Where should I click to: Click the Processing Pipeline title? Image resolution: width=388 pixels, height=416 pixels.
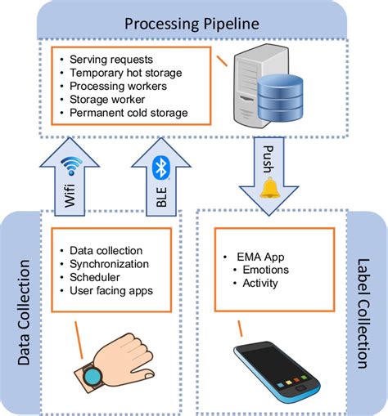(193, 22)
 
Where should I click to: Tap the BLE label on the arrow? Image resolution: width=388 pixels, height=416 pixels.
(160, 199)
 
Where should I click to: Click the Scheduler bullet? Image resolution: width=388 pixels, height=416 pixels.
(96, 277)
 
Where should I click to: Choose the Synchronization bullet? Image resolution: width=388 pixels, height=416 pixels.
(110, 264)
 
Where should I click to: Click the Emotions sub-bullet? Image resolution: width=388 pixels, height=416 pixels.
(265, 270)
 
